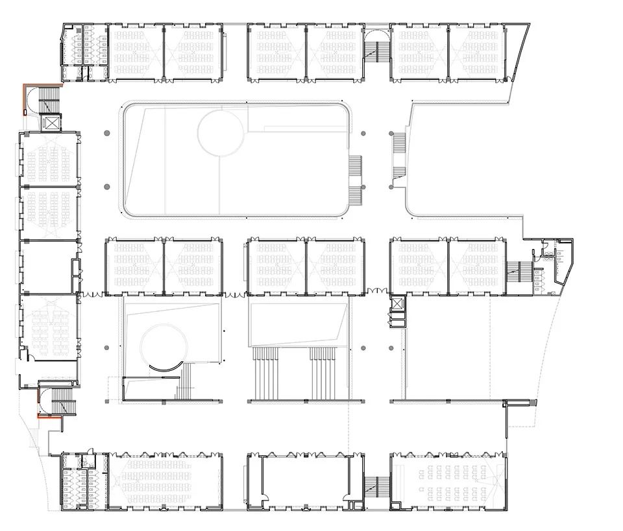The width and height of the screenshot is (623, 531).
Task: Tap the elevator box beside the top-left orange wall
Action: [50, 122]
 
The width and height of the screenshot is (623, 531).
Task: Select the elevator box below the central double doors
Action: [397, 304]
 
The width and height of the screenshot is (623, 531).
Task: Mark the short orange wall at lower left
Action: [49, 418]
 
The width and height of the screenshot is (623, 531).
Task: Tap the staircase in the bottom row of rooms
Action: [377, 486]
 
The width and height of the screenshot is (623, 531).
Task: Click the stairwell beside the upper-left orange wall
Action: [49, 99]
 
